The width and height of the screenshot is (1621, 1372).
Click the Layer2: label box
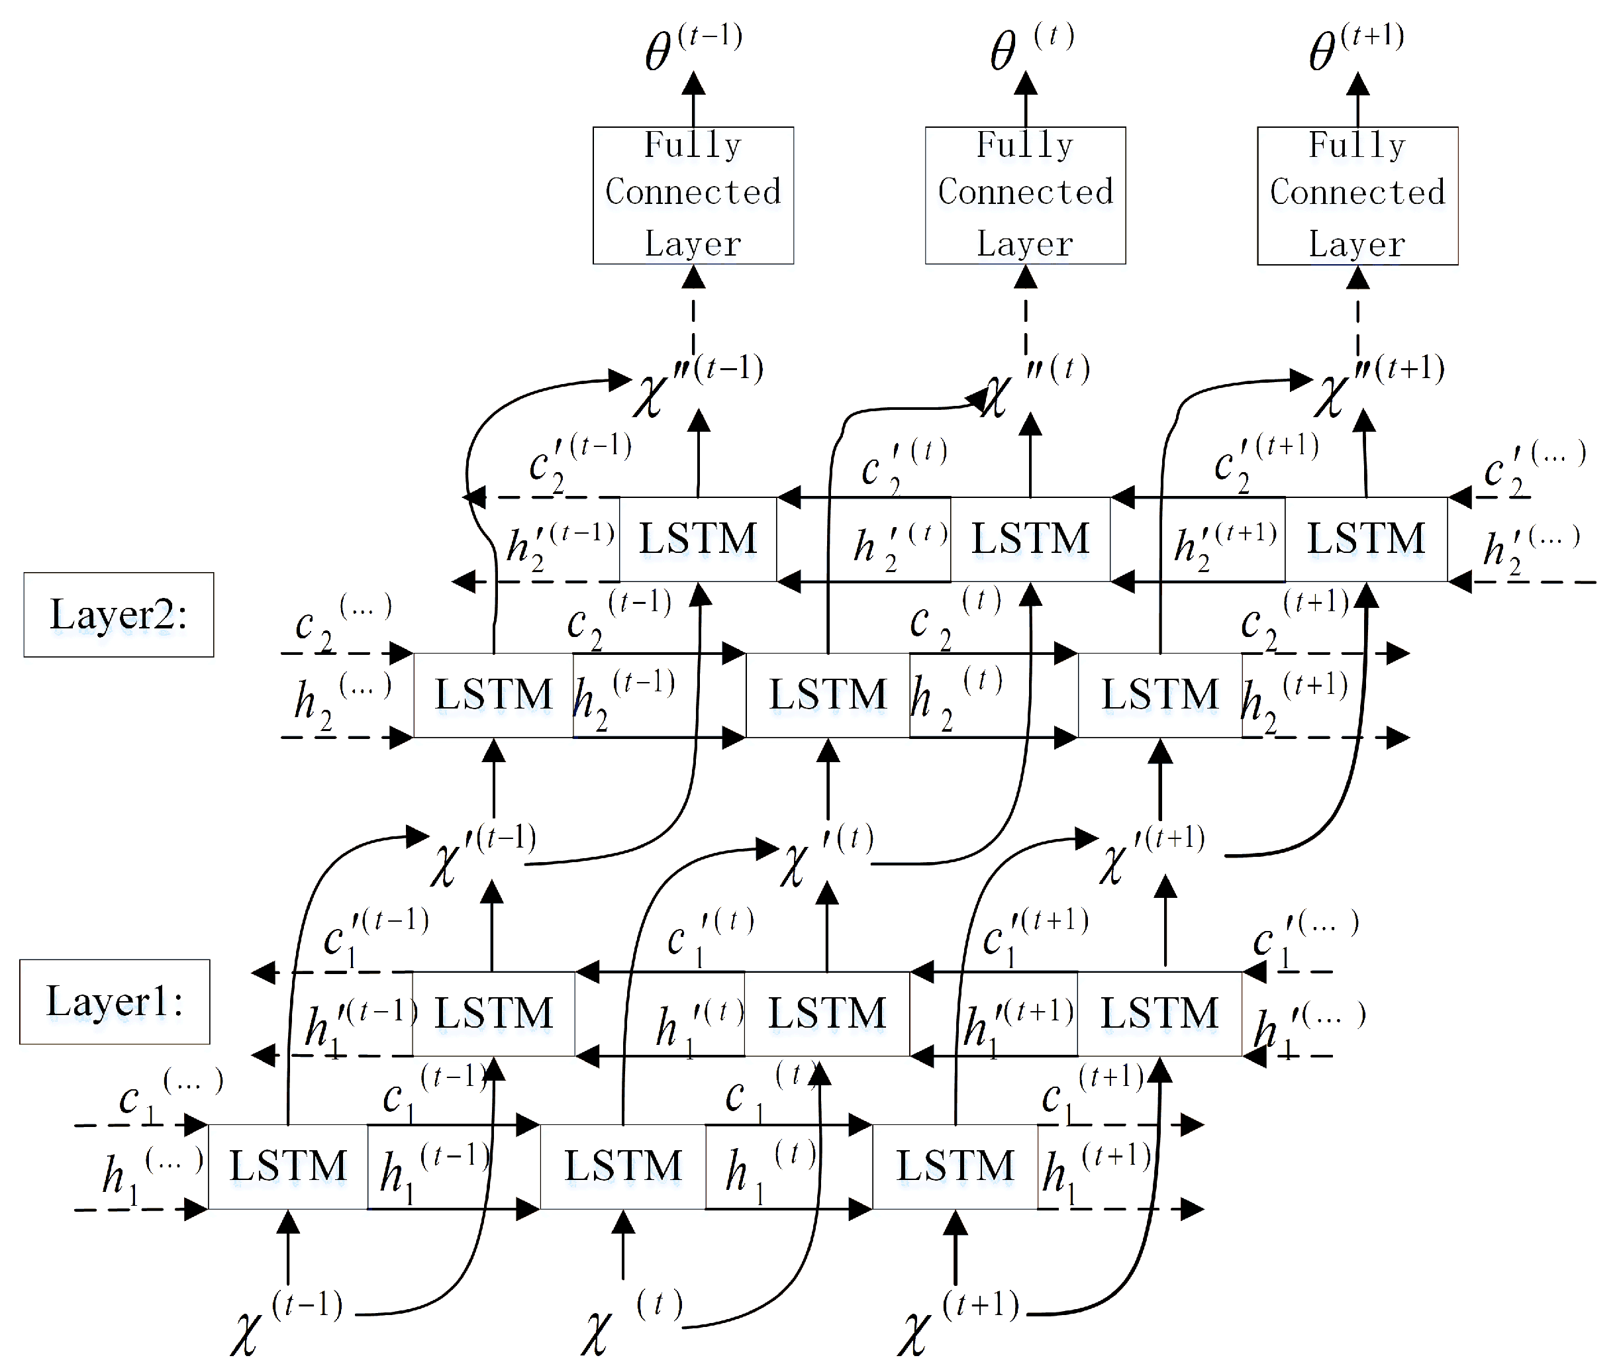119,614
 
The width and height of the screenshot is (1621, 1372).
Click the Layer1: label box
115,1001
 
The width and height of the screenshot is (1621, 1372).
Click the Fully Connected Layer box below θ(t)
1025,195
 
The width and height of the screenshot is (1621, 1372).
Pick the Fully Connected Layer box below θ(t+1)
1357,195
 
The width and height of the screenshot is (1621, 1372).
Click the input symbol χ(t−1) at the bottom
285,1322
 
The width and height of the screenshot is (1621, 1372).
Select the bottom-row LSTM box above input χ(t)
622,1166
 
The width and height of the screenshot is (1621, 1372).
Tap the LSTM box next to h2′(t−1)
698,539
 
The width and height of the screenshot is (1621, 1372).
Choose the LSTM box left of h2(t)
828,695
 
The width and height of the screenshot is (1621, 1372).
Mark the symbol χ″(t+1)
1377,385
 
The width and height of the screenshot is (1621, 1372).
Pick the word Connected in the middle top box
1025,192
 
